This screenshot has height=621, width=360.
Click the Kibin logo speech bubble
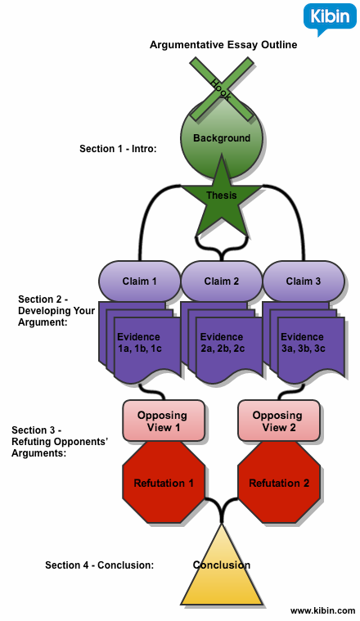coord(330,19)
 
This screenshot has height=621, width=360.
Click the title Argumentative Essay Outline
coord(223,45)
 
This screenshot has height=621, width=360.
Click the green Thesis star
coord(221,196)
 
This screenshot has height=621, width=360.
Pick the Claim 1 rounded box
coord(139,281)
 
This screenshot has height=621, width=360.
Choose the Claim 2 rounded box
coord(221,281)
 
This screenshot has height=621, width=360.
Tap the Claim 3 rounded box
coord(304,281)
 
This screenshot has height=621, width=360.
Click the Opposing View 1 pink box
coord(163,421)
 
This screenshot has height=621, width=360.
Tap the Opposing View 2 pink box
coord(277,421)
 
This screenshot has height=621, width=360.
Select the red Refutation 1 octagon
coord(164,483)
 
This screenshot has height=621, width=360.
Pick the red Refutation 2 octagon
coord(278,483)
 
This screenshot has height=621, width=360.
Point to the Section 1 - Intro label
coord(118,149)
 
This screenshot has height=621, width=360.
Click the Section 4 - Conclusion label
coord(99,565)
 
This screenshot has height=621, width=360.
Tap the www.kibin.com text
coord(322,610)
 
